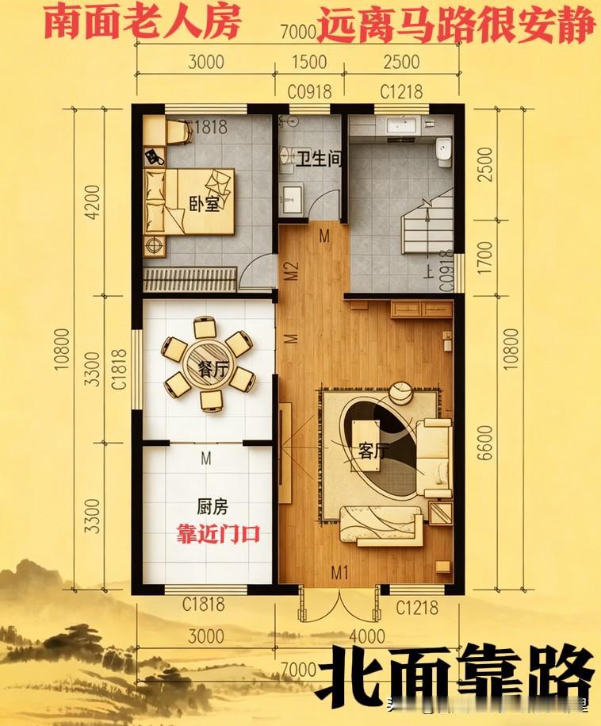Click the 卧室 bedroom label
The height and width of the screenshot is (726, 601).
coord(204,204)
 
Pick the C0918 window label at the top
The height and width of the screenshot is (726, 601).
coord(309,92)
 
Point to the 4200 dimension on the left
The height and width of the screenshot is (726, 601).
coord(93,204)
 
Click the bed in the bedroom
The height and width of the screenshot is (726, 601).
coord(189,202)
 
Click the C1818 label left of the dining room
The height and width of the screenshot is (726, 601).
coord(120,370)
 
